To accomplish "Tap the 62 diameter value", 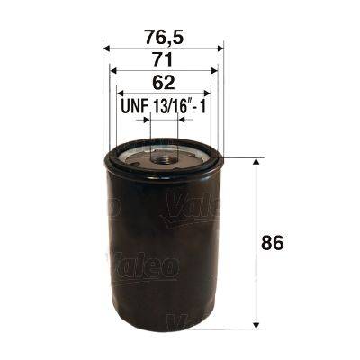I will [x=163, y=84].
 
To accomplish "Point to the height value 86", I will [x=286, y=242].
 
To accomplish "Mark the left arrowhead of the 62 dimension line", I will [x=120, y=93].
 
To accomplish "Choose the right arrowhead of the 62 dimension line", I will [x=206, y=93].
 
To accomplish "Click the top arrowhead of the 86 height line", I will [x=258, y=162].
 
